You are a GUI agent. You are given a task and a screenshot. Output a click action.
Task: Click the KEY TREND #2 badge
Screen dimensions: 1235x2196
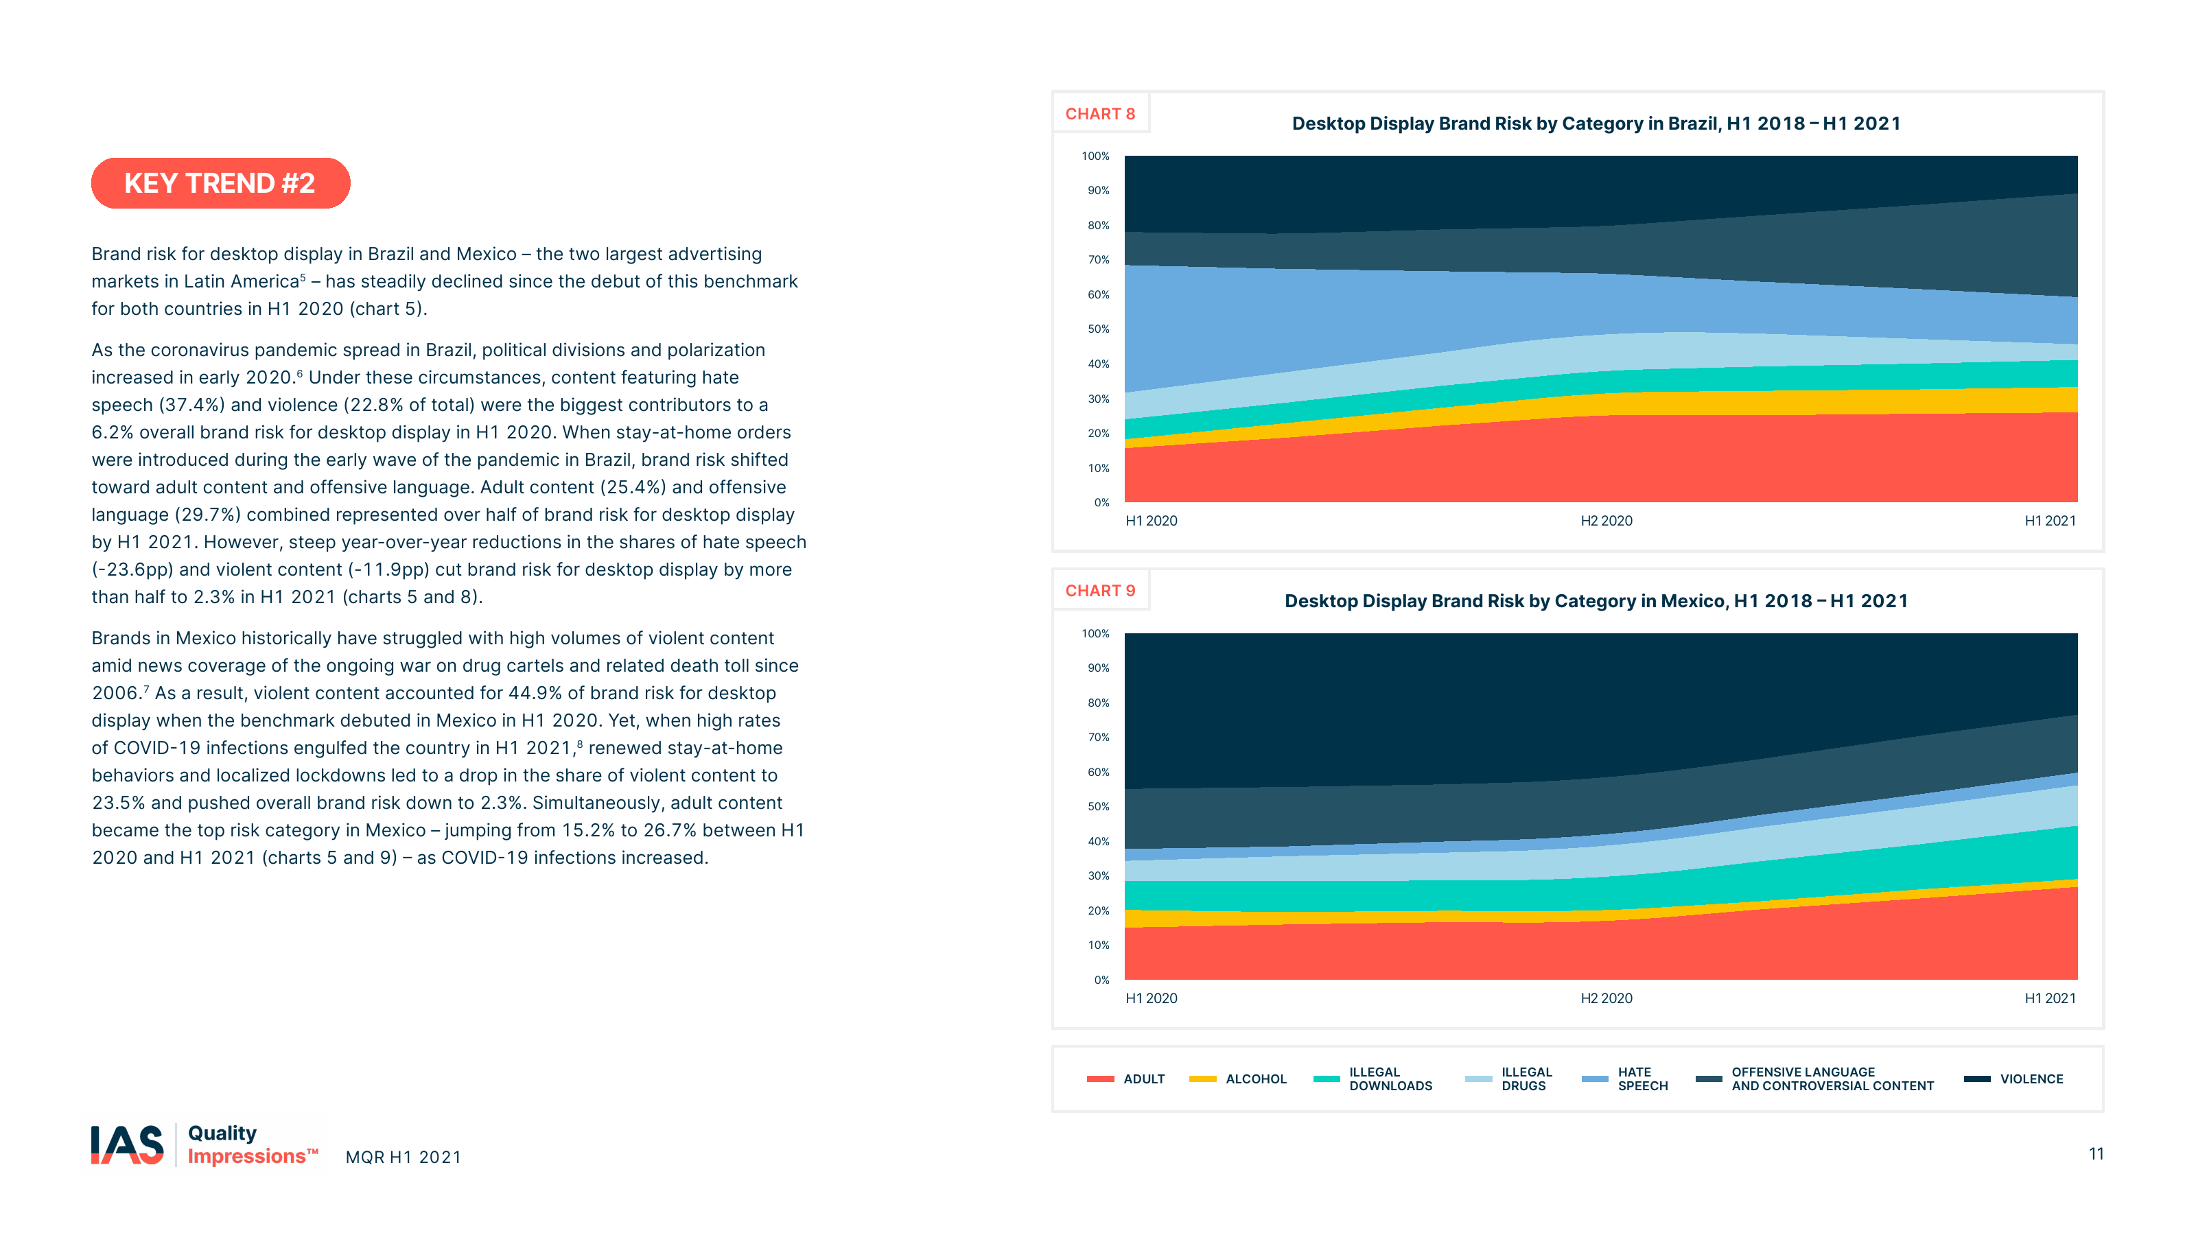tap(220, 183)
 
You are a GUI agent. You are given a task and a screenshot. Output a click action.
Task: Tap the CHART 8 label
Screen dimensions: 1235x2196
tap(1099, 114)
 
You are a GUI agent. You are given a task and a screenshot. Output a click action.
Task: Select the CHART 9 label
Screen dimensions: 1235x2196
tap(1099, 591)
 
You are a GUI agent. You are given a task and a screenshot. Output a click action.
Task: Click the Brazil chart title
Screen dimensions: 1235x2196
tap(1596, 123)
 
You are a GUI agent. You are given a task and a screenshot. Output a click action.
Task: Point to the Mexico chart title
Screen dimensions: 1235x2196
tap(1596, 601)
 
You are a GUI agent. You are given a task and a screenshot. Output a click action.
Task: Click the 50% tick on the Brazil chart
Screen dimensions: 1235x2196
tap(1098, 329)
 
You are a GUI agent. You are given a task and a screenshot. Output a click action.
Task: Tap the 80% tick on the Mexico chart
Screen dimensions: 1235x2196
tap(1098, 703)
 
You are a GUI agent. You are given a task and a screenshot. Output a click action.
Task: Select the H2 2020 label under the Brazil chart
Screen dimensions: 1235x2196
tap(1606, 521)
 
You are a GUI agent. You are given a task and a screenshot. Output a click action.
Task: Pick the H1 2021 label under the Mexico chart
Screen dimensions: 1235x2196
tap(2049, 998)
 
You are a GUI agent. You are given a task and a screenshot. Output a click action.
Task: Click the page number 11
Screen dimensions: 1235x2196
tap(2095, 1154)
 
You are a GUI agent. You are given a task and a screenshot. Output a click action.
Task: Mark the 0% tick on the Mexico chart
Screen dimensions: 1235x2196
tap(1101, 980)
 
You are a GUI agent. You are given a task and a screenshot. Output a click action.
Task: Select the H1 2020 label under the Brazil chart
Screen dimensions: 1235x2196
tap(1151, 521)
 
